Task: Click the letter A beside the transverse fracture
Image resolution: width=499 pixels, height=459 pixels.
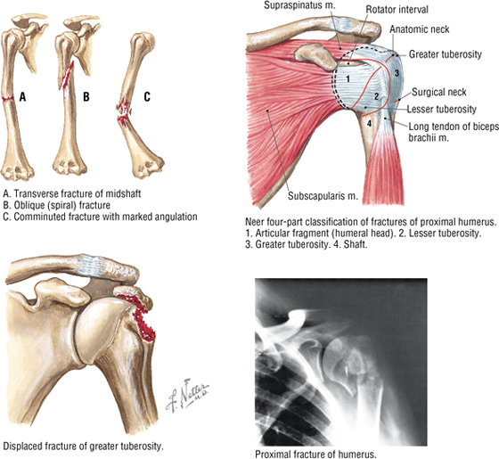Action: pos(22,96)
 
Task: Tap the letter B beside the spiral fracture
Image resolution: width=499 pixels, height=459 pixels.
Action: pos(86,96)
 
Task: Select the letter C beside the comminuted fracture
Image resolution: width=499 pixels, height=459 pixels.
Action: pos(147,96)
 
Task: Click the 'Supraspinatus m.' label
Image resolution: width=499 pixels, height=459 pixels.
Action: pos(299,5)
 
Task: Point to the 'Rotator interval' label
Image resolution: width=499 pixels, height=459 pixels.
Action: pos(397,10)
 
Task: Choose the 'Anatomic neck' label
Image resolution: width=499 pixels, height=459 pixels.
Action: pos(420,29)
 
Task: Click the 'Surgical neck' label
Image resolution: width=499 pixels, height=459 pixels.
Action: pos(438,92)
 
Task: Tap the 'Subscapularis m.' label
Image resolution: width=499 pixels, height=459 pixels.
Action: pos(323,196)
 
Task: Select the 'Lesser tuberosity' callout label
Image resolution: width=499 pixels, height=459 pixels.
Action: pos(442,109)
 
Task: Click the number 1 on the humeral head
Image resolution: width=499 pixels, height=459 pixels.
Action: pos(348,78)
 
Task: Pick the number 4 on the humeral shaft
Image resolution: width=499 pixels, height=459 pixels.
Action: pos(369,123)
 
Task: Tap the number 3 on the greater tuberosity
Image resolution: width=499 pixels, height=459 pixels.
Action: pos(397,73)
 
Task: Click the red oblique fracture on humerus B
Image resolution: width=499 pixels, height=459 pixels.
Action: pos(67,76)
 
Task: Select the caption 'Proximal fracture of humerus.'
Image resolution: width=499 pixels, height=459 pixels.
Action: pos(315,454)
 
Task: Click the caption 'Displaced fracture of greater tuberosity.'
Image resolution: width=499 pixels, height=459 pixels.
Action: pos(83,447)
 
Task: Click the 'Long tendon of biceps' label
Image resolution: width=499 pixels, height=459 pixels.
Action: pos(454,127)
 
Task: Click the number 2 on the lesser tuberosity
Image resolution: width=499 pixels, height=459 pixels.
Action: pos(376,96)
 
